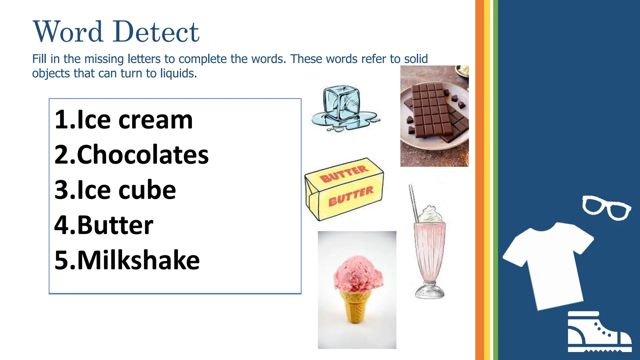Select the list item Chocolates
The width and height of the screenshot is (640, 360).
click(x=132, y=155)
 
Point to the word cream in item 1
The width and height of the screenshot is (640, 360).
click(x=156, y=120)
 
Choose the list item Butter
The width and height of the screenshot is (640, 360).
click(x=104, y=225)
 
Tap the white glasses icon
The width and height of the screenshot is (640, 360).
click(x=606, y=208)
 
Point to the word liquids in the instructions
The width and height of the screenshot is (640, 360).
click(x=178, y=73)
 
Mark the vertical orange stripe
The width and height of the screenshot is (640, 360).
click(x=479, y=180)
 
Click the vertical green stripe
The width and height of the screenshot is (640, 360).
click(x=496, y=180)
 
